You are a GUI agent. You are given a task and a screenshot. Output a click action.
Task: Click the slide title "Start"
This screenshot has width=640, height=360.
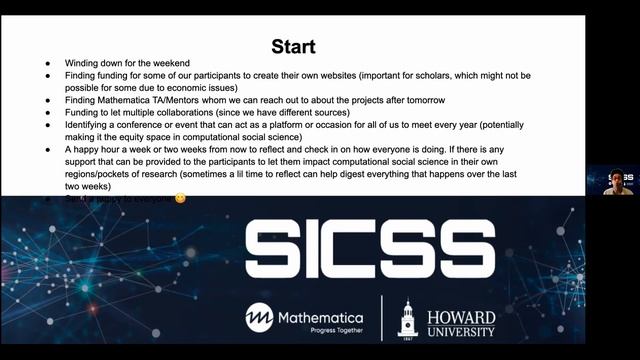pos(294,46)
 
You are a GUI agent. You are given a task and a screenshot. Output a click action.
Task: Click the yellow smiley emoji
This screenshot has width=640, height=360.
pos(180,197)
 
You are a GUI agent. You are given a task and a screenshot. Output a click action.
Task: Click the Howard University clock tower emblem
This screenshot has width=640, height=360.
pos(407,318)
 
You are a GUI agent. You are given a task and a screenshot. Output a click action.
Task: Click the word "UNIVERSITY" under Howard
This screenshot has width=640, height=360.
pos(461,331)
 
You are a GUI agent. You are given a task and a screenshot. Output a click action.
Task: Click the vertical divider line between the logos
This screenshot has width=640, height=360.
pos(380,318)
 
